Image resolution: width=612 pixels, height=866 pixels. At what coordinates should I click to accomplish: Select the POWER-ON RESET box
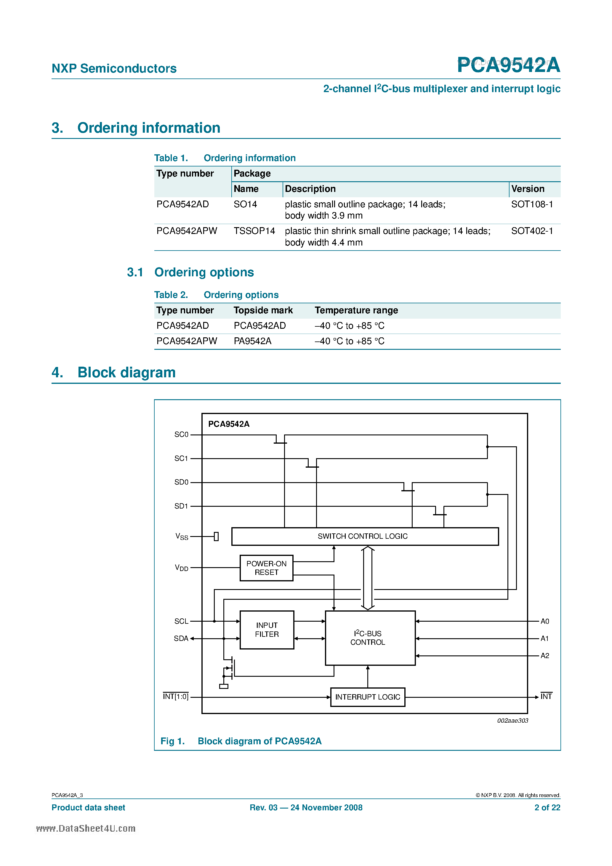[266, 568]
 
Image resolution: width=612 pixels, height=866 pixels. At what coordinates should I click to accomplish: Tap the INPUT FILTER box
[267, 630]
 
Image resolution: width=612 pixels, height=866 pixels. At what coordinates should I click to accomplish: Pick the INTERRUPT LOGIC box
[368, 697]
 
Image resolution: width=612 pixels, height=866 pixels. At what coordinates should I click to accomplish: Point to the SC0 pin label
[181, 434]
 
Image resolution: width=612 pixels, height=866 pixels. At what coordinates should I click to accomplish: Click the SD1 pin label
[181, 506]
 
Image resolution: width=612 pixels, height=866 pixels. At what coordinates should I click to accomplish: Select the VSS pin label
[182, 536]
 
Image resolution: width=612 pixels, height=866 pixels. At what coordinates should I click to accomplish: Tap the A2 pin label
[544, 655]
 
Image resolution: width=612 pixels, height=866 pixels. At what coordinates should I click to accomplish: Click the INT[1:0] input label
[175, 696]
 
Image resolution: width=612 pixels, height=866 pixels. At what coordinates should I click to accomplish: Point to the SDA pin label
[181, 638]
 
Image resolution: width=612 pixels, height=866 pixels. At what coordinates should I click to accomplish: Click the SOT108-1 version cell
[532, 204]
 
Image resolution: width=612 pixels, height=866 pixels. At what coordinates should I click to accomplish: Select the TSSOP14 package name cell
[254, 231]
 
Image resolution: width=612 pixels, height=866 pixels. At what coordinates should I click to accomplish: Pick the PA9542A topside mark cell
[252, 341]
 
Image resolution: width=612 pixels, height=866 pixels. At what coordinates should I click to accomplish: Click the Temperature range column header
[356, 310]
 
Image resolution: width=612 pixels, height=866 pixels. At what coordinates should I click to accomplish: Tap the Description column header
[310, 189]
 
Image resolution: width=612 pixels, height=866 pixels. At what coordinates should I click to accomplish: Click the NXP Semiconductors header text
[114, 68]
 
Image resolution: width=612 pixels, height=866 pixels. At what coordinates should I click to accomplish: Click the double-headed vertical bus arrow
[368, 578]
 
